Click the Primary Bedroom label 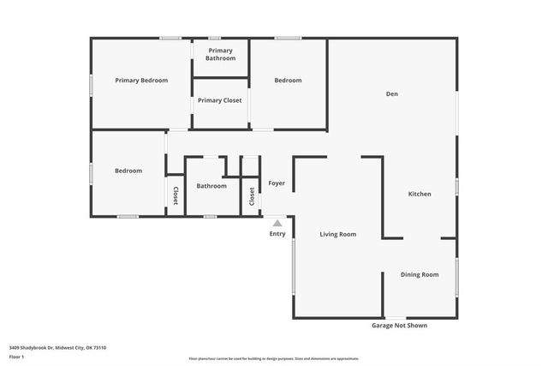pyautogui.click(x=141, y=81)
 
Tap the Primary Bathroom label pyautogui.click(x=219, y=54)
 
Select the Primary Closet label pyautogui.click(x=219, y=100)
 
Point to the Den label pyautogui.click(x=391, y=94)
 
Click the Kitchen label pyautogui.click(x=419, y=195)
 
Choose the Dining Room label pyautogui.click(x=420, y=274)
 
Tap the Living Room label pyautogui.click(x=337, y=234)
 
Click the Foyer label pyautogui.click(x=277, y=183)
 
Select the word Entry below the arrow pyautogui.click(x=277, y=234)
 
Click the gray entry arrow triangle pyautogui.click(x=277, y=223)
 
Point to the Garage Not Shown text pyautogui.click(x=398, y=326)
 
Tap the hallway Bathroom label pyautogui.click(x=211, y=186)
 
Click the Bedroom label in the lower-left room pyautogui.click(x=128, y=171)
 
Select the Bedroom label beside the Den pyautogui.click(x=288, y=81)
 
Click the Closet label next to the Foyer pyautogui.click(x=252, y=195)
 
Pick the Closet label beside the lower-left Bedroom pyautogui.click(x=176, y=195)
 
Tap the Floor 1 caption pyautogui.click(x=17, y=356)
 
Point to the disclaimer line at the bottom pyautogui.click(x=274, y=359)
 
